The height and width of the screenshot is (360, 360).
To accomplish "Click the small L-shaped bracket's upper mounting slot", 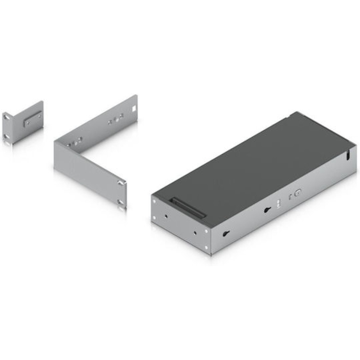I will coord(6,115).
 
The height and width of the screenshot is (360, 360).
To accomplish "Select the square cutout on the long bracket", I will coord(134,108).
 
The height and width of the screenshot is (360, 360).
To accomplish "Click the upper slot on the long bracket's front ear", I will coord(120,182).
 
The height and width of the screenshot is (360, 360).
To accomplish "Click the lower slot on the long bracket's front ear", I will coord(120,202).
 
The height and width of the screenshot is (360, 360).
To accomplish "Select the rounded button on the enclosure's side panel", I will coord(298,193).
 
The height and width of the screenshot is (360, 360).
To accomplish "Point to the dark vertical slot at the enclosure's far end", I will coord(348,156).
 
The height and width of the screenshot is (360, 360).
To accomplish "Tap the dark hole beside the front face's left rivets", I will coord(166,216).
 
